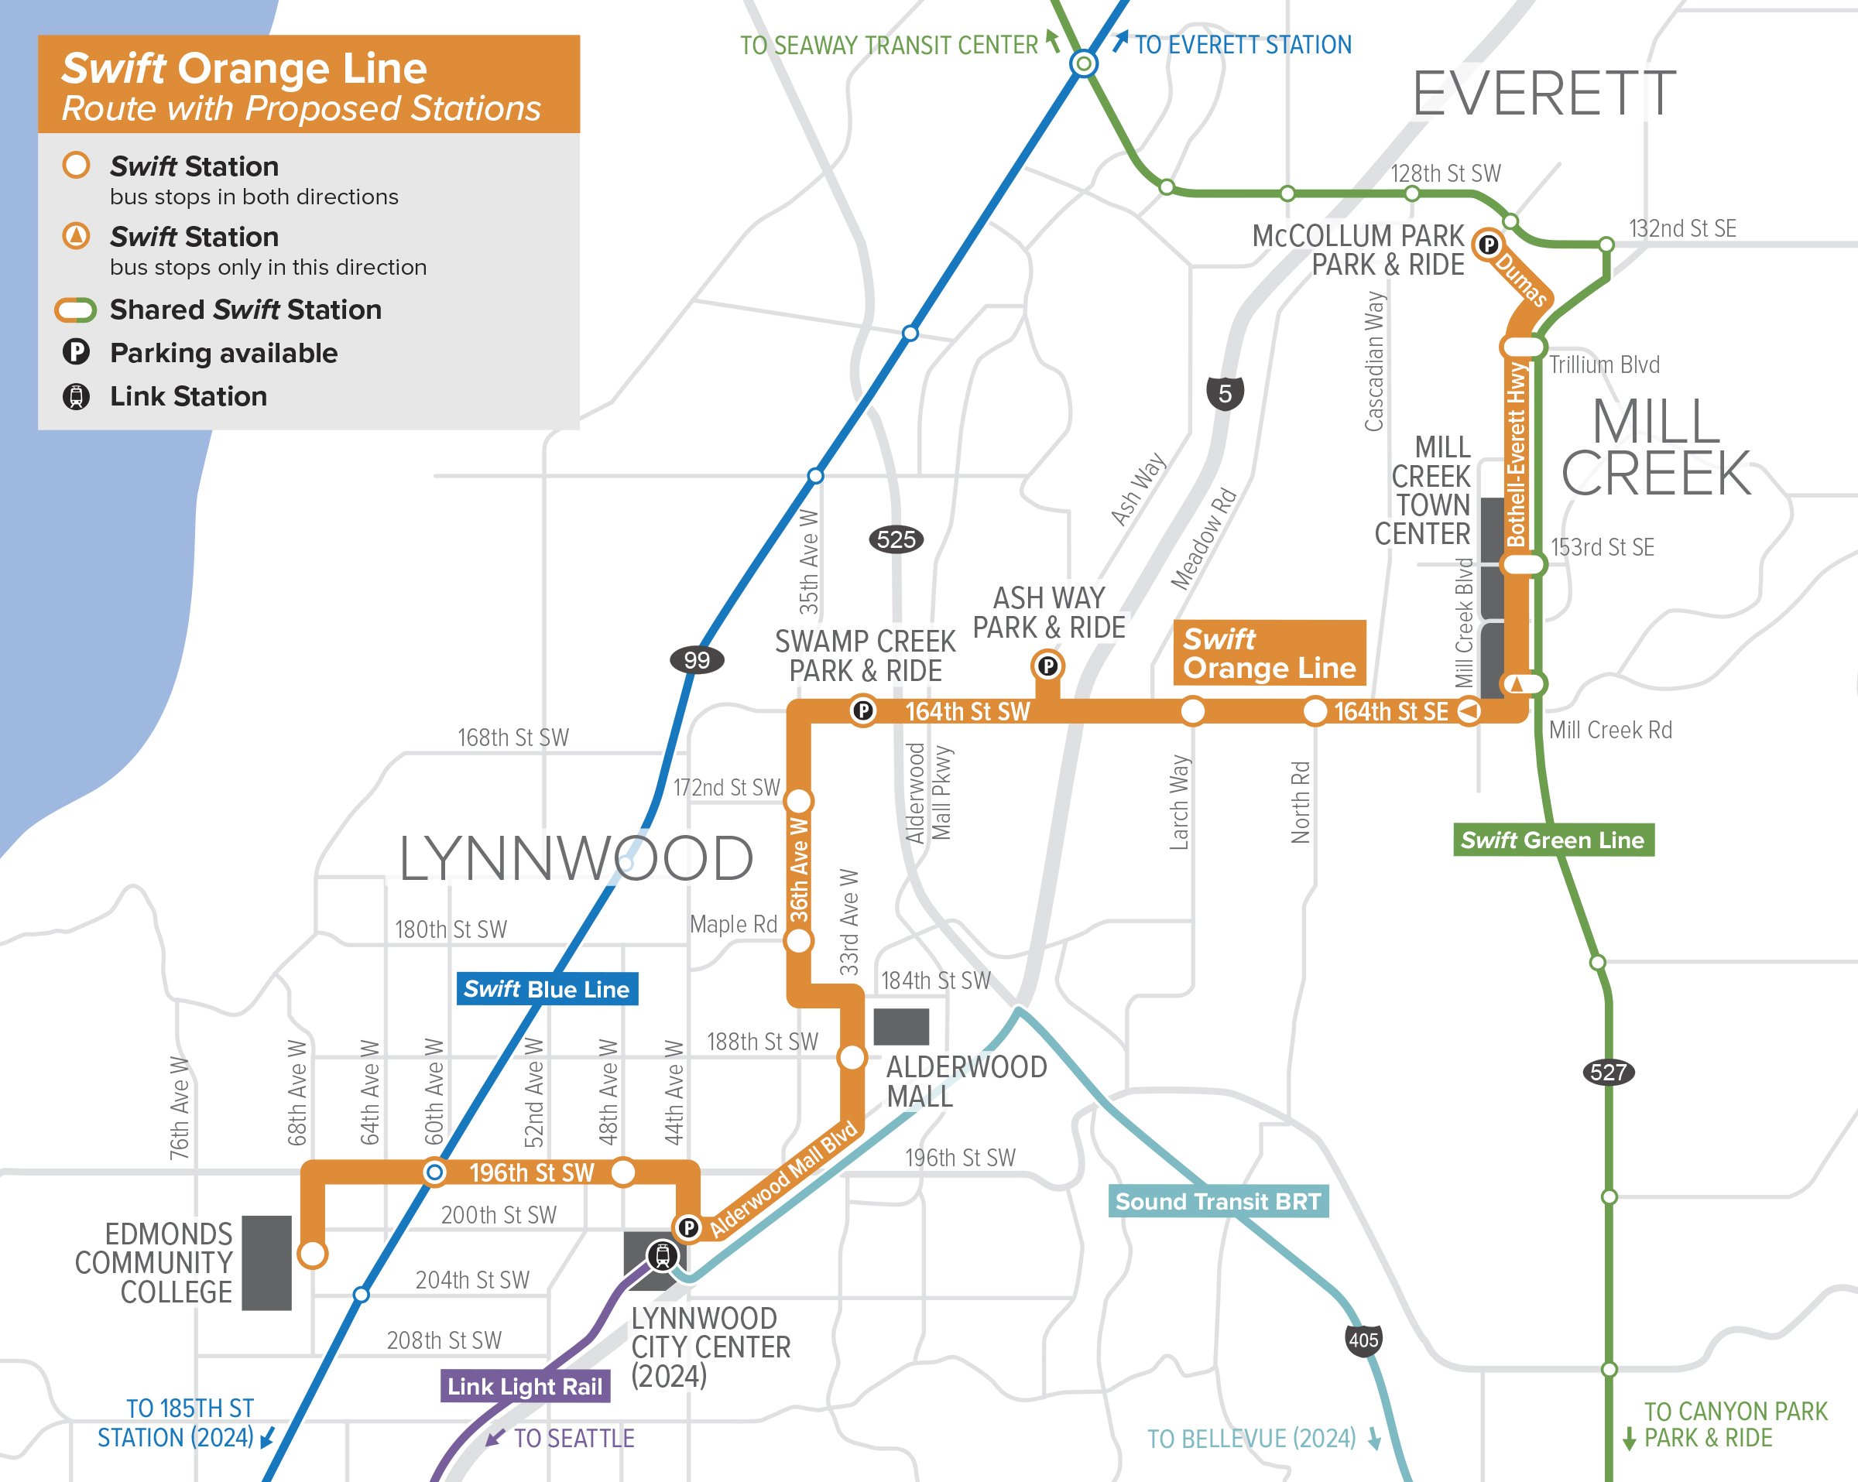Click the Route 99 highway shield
pyautogui.click(x=696, y=660)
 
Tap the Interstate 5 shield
pyautogui.click(x=1225, y=394)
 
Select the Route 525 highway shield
pyautogui.click(x=896, y=539)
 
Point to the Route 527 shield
pyautogui.click(x=1608, y=1072)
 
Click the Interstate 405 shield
pyautogui.click(x=1363, y=1340)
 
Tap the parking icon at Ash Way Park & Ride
pyautogui.click(x=1047, y=666)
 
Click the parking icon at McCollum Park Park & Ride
pyautogui.click(x=1488, y=245)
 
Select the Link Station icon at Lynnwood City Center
pyautogui.click(x=662, y=1255)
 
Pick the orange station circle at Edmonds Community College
pyautogui.click(x=312, y=1254)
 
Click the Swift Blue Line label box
pyautogui.click(x=547, y=989)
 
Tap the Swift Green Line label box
pyautogui.click(x=1552, y=840)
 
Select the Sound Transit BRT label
pyautogui.click(x=1218, y=1201)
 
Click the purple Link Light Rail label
pyautogui.click(x=525, y=1386)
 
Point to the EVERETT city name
pyautogui.click(x=1544, y=94)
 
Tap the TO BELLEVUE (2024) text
pyautogui.click(x=1251, y=1438)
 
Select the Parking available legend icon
pyautogui.click(x=76, y=352)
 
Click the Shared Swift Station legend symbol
pyautogui.click(x=76, y=310)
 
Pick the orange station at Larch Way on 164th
pyautogui.click(x=1192, y=712)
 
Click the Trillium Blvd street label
pyautogui.click(x=1604, y=365)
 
